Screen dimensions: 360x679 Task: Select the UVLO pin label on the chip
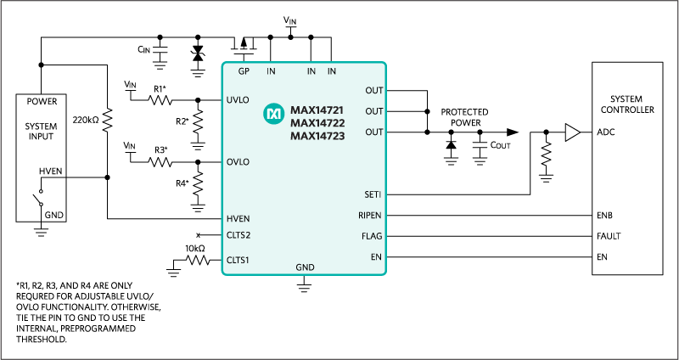click(x=238, y=99)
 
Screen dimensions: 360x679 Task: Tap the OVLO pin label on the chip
click(x=238, y=161)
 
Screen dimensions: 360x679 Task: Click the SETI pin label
click(x=372, y=194)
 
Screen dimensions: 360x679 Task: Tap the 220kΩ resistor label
click(x=86, y=120)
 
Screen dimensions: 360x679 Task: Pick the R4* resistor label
click(x=182, y=183)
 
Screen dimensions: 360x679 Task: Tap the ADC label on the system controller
click(x=605, y=132)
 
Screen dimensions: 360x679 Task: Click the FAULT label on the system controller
click(x=609, y=237)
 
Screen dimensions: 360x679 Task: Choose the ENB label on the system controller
click(x=605, y=216)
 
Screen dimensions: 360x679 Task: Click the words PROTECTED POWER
click(x=464, y=117)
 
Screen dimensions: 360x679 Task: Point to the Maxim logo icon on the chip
click(x=273, y=112)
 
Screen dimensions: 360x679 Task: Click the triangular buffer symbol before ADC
click(x=572, y=132)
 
